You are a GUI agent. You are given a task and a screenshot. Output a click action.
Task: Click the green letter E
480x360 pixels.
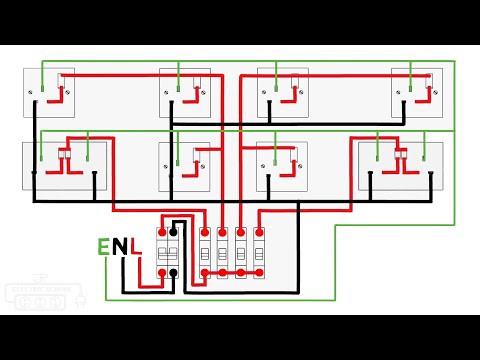[103, 246]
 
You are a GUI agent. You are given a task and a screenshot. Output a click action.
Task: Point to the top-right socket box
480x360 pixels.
[417, 94]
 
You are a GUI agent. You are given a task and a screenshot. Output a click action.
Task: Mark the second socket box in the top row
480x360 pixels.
[185, 94]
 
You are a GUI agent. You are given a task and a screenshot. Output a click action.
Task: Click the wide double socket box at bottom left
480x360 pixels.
[66, 166]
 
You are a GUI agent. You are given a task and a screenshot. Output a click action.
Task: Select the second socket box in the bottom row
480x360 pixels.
[185, 166]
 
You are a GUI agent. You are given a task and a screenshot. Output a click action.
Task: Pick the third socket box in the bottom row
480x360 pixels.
[281, 166]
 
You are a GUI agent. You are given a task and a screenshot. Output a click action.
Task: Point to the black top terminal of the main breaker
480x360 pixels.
[173, 230]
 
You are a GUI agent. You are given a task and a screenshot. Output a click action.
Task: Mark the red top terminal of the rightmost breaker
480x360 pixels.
[259, 231]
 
